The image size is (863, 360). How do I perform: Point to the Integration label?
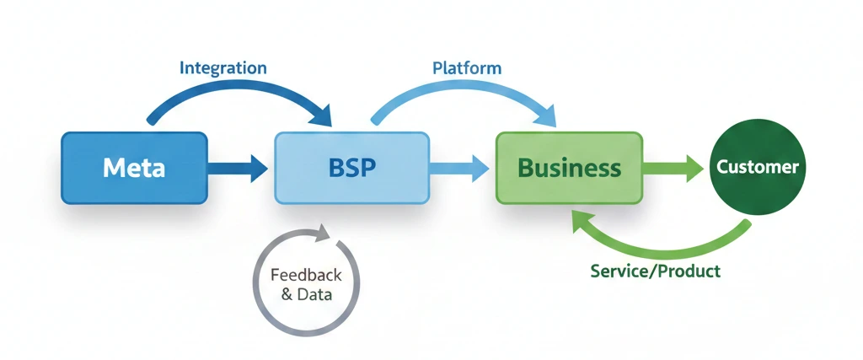223,67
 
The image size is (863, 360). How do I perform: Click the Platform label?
467,67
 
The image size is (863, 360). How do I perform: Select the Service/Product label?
656,271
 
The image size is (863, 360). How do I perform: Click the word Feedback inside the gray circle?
306,275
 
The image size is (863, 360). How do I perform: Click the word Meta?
134,168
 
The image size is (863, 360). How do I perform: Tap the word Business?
570,168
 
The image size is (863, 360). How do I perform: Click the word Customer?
757,167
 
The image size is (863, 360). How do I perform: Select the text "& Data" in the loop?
306,295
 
